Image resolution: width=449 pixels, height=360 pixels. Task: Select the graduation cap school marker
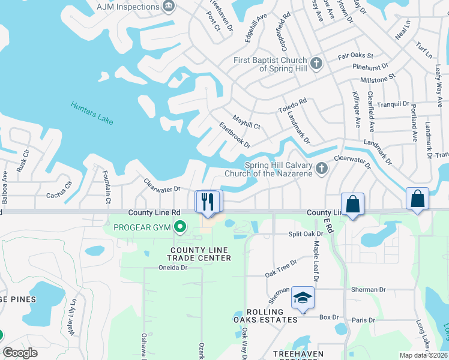click(x=303, y=298)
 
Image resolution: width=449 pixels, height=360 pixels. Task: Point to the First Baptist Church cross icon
click(x=318, y=62)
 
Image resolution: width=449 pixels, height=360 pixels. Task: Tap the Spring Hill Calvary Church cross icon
click(x=322, y=169)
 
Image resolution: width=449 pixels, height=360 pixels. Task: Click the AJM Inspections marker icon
click(x=169, y=6)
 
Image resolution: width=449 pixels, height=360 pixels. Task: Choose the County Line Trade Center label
click(x=200, y=254)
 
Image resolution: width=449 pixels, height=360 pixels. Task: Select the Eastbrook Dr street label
click(x=235, y=135)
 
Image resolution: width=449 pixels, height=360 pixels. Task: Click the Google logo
click(x=20, y=353)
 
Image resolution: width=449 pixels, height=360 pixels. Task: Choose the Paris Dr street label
click(x=363, y=320)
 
